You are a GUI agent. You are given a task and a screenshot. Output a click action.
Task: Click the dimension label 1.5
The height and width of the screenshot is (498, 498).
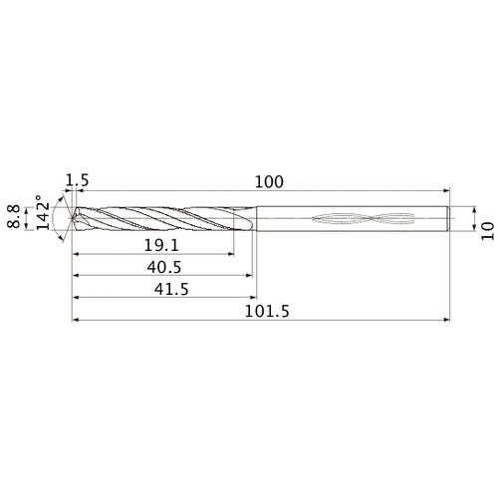76,180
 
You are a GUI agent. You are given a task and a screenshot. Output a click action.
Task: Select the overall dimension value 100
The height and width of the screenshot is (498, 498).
269,181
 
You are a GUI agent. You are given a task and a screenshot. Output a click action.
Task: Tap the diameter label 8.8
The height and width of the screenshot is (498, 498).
13,217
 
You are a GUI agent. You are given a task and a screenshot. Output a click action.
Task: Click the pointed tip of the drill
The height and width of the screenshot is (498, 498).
70,218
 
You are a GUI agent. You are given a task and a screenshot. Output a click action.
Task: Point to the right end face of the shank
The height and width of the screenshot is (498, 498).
448,218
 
